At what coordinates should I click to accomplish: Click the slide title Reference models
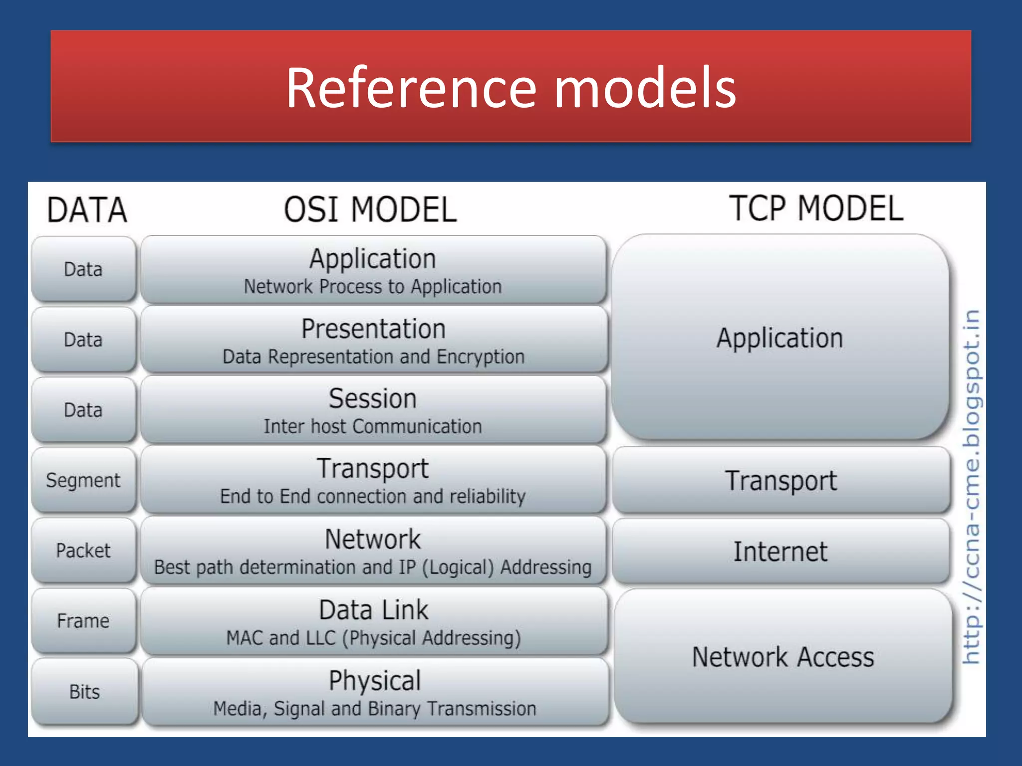tap(511, 88)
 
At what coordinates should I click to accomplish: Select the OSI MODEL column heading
tap(370, 209)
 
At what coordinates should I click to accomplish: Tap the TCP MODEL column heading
tap(816, 208)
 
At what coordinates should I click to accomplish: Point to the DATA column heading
tap(87, 210)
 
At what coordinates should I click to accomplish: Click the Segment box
tap(83, 480)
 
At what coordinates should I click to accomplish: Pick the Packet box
tap(83, 551)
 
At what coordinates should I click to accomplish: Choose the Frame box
tap(83, 621)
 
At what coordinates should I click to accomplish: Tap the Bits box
tap(84, 692)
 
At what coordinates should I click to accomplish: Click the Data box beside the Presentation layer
tap(83, 340)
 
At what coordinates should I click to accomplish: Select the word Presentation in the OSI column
tap(373, 329)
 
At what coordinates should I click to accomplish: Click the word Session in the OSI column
tap(373, 399)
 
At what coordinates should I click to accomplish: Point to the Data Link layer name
tap(373, 610)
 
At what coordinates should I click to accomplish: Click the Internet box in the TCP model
tap(780, 552)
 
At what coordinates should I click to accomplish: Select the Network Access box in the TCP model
tap(782, 657)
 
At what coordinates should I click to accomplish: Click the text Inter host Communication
tap(373, 427)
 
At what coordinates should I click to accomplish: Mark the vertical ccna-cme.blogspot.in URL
tap(971, 487)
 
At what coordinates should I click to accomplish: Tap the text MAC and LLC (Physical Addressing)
tap(373, 638)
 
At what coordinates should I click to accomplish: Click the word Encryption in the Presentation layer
tap(481, 357)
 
